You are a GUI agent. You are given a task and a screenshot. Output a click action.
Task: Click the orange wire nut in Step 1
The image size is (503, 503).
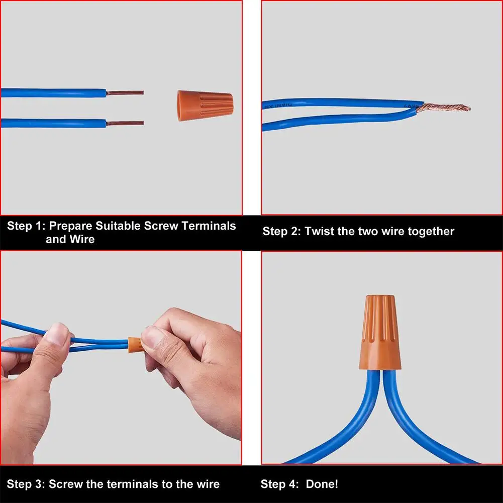(x=206, y=106)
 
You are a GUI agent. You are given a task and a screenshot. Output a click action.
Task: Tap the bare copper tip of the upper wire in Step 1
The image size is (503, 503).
(x=125, y=92)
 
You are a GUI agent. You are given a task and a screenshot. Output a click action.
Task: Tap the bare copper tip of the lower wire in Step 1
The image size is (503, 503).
(x=125, y=123)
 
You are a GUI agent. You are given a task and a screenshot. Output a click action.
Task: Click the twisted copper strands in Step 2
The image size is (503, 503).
(x=443, y=108)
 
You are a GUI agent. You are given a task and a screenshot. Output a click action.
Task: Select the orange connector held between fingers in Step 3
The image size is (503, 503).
(x=135, y=345)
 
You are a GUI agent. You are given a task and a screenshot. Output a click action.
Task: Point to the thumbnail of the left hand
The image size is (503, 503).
(x=57, y=334)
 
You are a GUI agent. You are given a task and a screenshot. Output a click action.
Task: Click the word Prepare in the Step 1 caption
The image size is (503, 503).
(x=70, y=226)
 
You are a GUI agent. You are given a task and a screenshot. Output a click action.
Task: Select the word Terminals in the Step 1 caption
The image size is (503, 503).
(x=209, y=226)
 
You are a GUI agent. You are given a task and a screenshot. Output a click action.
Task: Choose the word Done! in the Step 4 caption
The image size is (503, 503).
(x=322, y=484)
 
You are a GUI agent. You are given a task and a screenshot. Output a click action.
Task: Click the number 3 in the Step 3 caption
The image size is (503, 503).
(x=40, y=484)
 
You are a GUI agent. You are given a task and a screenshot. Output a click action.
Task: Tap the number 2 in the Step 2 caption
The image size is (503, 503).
(x=295, y=232)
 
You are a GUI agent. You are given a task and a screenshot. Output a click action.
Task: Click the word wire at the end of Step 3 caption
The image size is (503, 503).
(x=206, y=484)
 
